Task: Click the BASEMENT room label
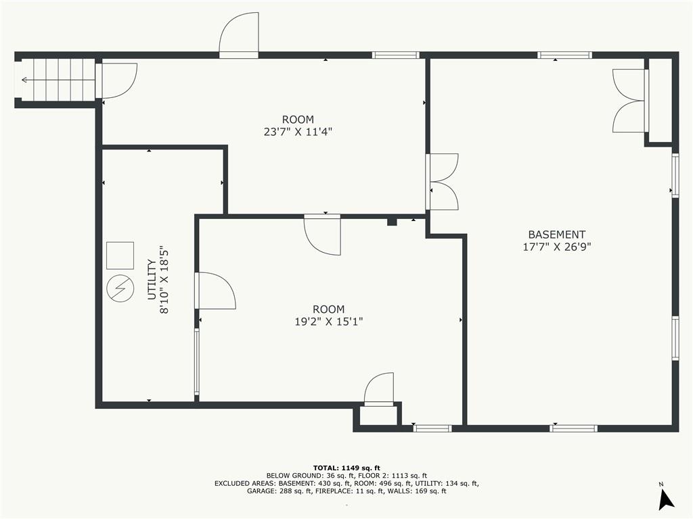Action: tap(556, 234)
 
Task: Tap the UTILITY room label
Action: tap(152, 279)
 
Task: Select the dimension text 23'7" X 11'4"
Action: tap(298, 132)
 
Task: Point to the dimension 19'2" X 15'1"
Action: tap(328, 321)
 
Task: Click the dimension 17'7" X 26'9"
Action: tap(557, 247)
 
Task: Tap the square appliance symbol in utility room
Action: tap(120, 255)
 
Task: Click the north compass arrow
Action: tap(666, 499)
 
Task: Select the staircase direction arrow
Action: tap(58, 80)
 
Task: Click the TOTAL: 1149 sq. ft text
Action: tap(346, 468)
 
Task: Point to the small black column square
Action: tap(392, 222)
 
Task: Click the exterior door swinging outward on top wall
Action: tap(239, 35)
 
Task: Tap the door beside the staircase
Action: tap(116, 81)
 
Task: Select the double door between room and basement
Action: tap(442, 181)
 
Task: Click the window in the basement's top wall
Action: tap(564, 55)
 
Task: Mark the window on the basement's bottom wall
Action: tap(573, 428)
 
